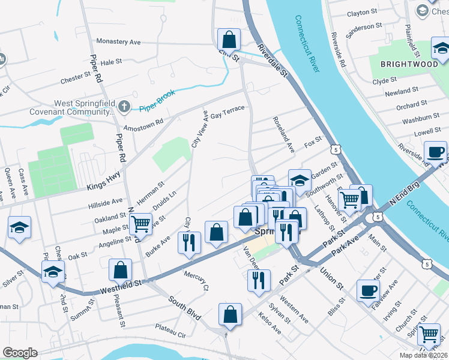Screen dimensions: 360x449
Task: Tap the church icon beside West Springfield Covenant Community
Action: tap(124, 107)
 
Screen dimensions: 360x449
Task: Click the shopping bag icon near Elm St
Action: tap(229, 40)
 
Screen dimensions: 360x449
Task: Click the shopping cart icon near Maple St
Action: tap(140, 224)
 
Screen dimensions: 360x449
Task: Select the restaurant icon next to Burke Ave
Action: tap(189, 243)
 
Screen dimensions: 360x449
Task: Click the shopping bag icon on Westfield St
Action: tap(120, 270)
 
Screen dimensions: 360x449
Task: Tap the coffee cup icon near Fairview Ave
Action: tap(368, 290)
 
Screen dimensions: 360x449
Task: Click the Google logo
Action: tap(20, 353)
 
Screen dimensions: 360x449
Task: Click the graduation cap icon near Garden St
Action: tap(300, 179)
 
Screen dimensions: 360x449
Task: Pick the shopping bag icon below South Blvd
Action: tap(229, 314)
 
